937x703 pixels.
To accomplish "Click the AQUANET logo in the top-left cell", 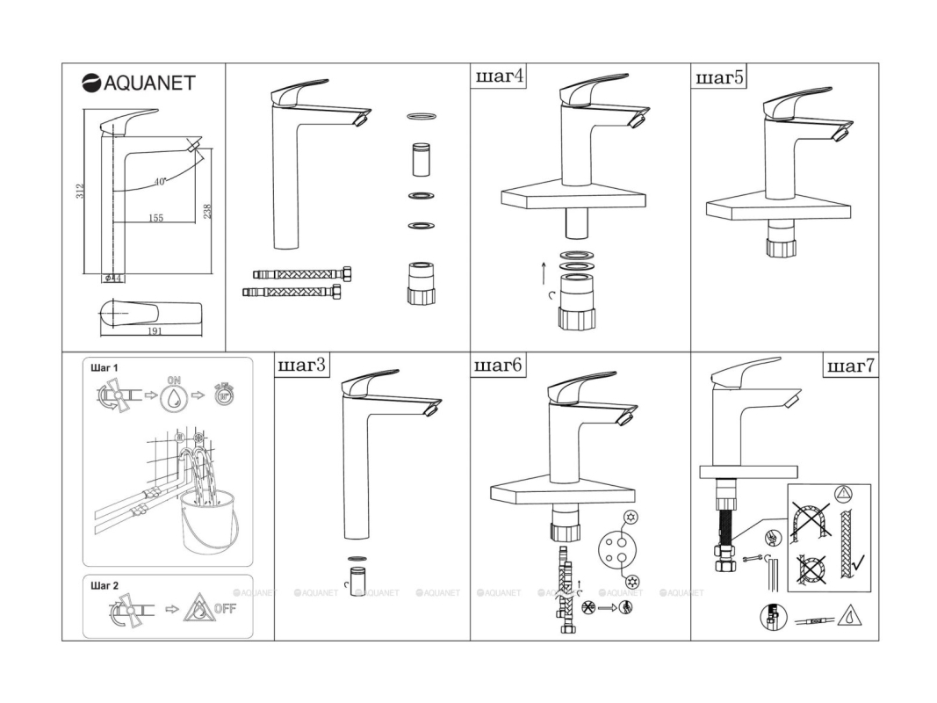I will [138, 83].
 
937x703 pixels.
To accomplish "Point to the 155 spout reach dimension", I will [155, 217].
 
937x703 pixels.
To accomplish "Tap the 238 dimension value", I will [207, 211].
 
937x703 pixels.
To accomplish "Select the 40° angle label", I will [160, 181].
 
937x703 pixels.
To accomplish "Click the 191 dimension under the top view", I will [154, 331].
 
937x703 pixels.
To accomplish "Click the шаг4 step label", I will [500, 76].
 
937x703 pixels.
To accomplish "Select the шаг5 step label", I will [719, 77].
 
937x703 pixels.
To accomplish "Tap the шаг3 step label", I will [302, 365].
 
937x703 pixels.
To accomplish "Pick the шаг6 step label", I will [499, 365].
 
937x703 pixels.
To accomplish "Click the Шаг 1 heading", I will [104, 367].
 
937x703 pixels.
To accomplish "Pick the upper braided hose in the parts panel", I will [301, 273].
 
